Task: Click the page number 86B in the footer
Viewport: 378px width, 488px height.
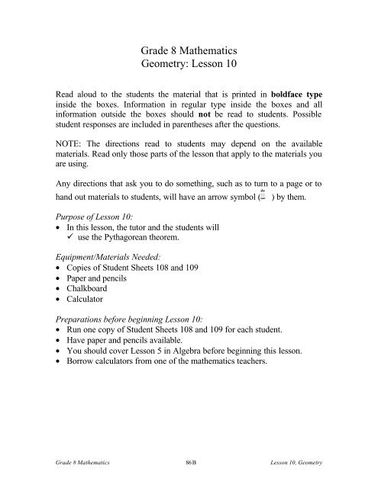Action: tap(189, 473)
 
